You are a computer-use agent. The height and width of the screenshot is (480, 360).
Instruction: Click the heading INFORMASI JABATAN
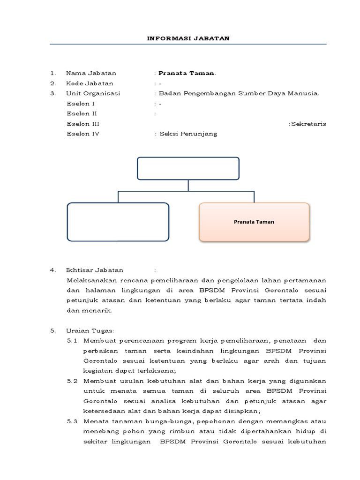[x=188, y=38]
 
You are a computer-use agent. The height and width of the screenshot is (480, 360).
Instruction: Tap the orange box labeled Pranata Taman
[x=254, y=222]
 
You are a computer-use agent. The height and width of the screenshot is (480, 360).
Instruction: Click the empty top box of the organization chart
[x=188, y=168]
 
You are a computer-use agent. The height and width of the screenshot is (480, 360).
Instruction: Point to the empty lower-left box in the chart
[x=118, y=222]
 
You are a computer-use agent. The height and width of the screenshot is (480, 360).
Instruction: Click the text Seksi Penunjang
[x=188, y=134]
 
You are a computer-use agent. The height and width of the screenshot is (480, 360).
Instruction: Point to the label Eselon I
[x=81, y=104]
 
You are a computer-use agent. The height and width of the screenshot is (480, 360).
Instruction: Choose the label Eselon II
[x=82, y=113]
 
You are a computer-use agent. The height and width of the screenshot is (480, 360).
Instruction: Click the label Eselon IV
[x=83, y=134]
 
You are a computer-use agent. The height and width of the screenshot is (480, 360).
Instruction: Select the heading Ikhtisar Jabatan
[x=95, y=270]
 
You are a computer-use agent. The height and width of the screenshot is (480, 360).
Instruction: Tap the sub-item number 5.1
[x=72, y=340]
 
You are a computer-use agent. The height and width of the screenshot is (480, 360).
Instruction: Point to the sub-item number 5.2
[x=72, y=381]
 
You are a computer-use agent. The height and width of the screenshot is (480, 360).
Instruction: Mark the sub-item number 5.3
[x=72, y=421]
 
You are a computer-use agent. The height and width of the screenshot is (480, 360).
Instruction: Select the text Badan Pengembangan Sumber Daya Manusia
[x=239, y=93]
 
